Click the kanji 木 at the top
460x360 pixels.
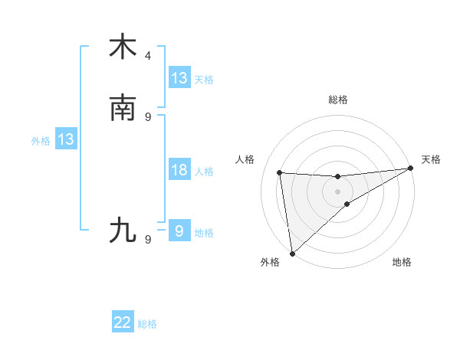pos(123,47)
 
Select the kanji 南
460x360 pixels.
pos(123,108)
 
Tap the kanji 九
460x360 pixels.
pos(123,231)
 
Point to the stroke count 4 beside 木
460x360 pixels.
pos(148,56)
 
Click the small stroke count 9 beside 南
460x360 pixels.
pos(148,117)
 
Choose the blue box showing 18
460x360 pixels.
pos(179,170)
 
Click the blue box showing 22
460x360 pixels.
pos(123,323)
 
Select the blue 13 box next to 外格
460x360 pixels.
pos(66,139)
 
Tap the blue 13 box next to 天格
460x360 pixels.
pos(179,78)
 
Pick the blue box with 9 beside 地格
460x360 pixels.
pos(179,231)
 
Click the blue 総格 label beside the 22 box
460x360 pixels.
pos(147,324)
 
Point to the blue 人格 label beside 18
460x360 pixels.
pos(204,171)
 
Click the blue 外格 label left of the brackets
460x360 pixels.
pos(41,140)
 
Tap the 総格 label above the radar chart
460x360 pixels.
pos(338,100)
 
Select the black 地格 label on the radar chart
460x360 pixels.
pos(402,263)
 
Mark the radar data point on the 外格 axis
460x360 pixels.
pos(292,253)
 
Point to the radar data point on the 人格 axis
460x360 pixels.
pos(280,172)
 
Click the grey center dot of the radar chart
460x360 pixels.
pos(338,191)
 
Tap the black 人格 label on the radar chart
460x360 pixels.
pos(245,159)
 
